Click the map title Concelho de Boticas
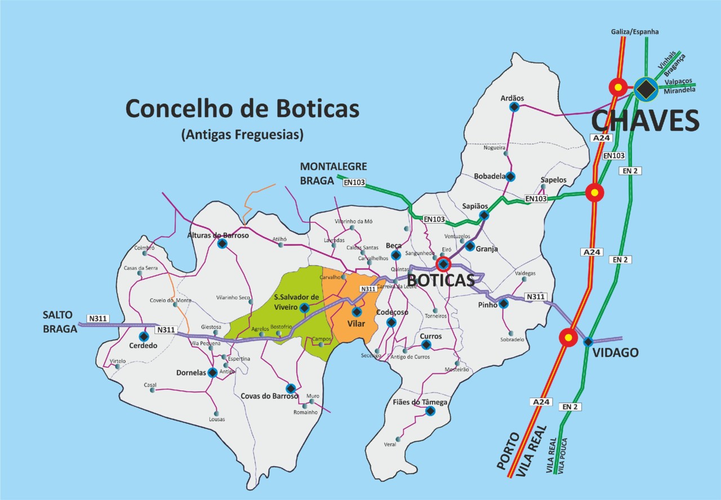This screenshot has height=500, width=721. [242, 108]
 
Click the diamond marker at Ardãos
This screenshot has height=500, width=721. [514, 106]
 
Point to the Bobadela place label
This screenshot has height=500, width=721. [489, 176]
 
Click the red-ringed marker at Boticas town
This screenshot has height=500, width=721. [444, 264]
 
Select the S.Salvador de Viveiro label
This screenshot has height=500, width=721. [297, 301]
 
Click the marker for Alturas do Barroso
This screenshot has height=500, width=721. [222, 243]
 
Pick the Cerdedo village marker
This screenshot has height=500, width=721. [144, 336]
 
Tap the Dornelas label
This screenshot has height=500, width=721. [191, 372]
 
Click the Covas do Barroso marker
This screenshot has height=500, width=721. [291, 388]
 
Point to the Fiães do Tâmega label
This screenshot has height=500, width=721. [420, 402]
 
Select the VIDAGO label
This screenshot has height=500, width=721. [615, 353]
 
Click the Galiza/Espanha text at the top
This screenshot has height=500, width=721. [634, 32]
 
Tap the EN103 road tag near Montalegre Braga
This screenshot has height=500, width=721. [353, 182]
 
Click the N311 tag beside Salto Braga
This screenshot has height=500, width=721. [98, 318]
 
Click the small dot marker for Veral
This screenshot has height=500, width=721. [398, 439]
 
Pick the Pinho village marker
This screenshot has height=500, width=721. [504, 303]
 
